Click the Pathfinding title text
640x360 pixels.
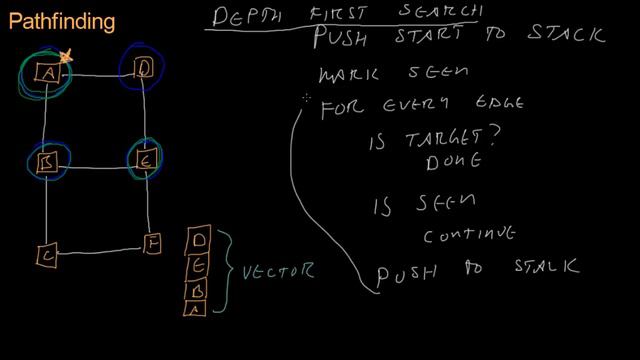click(x=61, y=20)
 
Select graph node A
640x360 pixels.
click(x=47, y=73)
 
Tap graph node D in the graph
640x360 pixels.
click(x=143, y=68)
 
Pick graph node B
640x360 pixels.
click(x=46, y=163)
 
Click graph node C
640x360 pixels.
click(x=47, y=256)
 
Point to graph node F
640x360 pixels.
click(x=151, y=243)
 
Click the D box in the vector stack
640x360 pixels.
click(x=198, y=241)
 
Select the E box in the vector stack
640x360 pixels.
click(x=198, y=265)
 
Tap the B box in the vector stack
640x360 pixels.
click(x=198, y=288)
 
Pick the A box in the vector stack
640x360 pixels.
click(x=197, y=307)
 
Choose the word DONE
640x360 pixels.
click(x=454, y=161)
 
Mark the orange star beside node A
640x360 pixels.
click(x=67, y=59)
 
